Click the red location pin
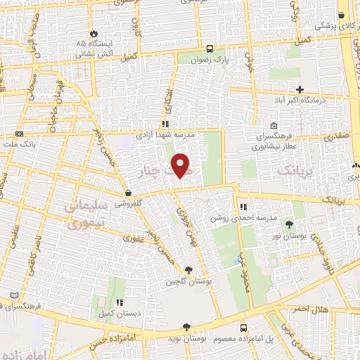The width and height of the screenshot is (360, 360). point(181,166)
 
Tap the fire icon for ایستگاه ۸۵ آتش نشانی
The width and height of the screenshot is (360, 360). point(93,32)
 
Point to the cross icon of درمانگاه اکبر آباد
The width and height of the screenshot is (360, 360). point(300,89)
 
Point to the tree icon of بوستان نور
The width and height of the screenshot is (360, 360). point(289,224)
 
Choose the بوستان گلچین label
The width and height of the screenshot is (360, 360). point(190,281)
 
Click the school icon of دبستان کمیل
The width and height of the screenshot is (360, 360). point(120,302)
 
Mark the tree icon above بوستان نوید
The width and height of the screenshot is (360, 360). point(186,327)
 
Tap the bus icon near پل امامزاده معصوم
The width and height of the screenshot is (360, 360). point(243,328)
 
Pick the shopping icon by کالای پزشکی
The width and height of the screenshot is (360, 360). point(342,15)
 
